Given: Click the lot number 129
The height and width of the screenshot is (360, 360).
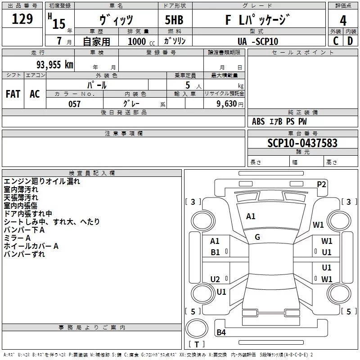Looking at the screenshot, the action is point(22,19).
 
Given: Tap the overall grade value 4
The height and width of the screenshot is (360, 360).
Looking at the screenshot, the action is point(343,21).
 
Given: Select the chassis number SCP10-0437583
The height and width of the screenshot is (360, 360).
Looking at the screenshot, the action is point(302,143).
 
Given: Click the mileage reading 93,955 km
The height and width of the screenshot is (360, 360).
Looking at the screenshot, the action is point(55,65).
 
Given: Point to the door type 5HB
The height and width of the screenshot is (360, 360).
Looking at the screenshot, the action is point(174,20).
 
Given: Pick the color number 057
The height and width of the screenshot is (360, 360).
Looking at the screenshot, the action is point(74,104).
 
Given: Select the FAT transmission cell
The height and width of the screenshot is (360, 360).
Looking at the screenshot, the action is point(13,94).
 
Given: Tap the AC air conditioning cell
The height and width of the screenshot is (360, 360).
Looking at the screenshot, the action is point(35,94).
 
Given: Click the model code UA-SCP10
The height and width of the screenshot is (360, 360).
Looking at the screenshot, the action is point(258,41).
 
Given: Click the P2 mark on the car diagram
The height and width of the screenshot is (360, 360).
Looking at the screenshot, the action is point(321,184).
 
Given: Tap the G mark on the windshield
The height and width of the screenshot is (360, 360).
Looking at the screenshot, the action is point(257,237).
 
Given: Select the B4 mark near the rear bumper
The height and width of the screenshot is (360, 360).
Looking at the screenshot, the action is point(221,332).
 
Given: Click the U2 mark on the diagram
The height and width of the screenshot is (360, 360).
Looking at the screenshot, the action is point(215,279).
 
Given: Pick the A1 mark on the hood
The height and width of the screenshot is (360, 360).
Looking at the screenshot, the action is point(251,216).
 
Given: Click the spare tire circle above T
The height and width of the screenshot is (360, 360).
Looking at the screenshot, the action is point(197,328).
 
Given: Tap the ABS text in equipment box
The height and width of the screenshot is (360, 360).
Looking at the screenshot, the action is point(258,121).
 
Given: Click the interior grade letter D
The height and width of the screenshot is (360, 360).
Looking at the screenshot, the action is point(350,41).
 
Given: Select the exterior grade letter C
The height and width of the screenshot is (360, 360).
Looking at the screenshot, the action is point(336,41).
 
